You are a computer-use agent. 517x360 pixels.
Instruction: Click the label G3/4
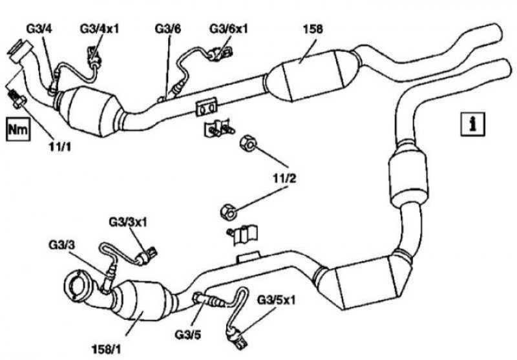39,29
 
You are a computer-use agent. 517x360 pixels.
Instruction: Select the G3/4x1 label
100,28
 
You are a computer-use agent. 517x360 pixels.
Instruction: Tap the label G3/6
168,29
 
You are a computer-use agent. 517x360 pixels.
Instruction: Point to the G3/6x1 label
229,29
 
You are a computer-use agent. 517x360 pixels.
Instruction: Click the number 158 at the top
313,29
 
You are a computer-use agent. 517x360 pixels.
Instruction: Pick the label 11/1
60,147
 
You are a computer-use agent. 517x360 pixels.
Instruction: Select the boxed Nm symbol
18,129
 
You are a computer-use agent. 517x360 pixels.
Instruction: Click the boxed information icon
473,124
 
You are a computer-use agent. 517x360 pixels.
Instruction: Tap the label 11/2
284,178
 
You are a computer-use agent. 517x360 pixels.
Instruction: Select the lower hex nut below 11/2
228,211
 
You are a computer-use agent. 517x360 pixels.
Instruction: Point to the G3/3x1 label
128,222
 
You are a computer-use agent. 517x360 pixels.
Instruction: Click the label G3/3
61,245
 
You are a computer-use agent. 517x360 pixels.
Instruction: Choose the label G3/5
187,335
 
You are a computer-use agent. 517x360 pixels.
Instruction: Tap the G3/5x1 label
277,301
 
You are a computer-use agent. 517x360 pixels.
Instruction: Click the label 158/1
105,349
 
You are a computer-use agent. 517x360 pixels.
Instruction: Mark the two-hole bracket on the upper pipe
207,107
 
